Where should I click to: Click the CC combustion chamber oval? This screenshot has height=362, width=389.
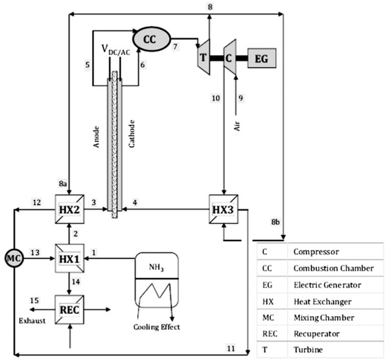[149, 39]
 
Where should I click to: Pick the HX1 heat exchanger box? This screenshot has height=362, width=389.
[68, 260]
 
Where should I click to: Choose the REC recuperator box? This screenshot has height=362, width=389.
[68, 309]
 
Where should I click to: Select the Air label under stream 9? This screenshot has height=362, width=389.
[238, 127]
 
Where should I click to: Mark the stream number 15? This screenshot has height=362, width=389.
[33, 301]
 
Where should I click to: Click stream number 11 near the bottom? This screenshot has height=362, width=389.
[231, 346]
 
